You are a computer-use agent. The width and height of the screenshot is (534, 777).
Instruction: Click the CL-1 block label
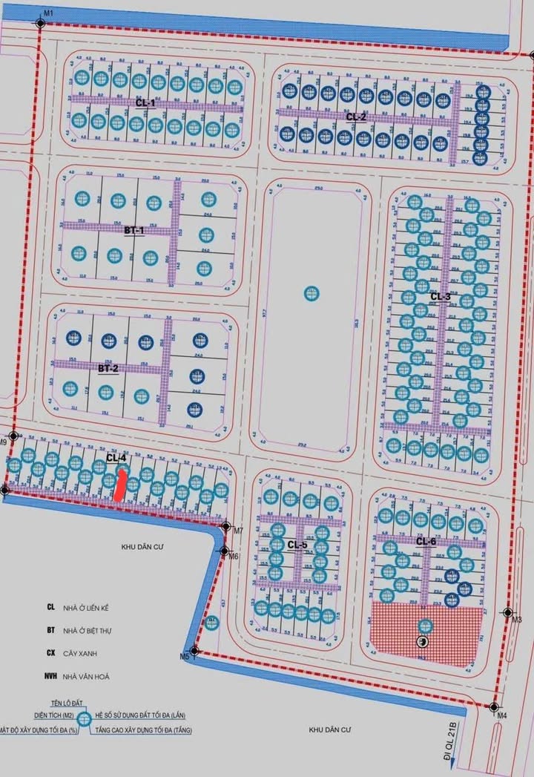(x=145, y=103)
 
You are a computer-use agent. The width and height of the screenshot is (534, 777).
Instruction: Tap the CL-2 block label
(x=356, y=117)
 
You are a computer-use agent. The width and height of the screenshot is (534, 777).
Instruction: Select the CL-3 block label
(x=441, y=296)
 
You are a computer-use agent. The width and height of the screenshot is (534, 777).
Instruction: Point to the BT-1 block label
(x=134, y=231)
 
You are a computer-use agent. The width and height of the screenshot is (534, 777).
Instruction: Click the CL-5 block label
(x=297, y=545)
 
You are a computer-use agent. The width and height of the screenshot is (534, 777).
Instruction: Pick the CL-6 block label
(x=426, y=542)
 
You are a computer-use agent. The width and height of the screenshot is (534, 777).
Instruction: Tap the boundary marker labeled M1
(x=40, y=24)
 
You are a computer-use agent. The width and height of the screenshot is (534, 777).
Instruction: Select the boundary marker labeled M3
(x=507, y=612)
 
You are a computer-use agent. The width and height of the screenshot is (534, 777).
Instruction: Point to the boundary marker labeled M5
(x=194, y=648)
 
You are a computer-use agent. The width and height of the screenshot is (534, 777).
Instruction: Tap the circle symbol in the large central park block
(x=310, y=293)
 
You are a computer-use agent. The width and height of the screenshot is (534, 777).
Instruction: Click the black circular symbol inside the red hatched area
(x=423, y=641)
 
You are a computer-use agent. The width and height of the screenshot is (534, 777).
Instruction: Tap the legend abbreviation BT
(x=50, y=630)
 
